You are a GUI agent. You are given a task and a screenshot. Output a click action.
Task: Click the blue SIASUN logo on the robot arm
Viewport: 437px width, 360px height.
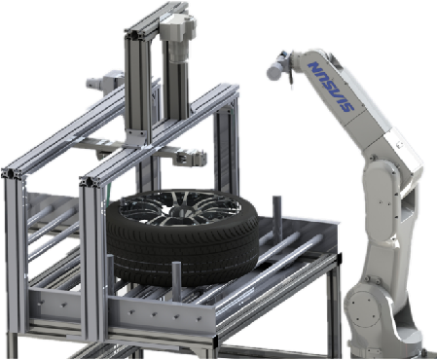331,87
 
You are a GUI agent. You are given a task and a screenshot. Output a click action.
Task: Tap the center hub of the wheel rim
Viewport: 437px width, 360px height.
179,211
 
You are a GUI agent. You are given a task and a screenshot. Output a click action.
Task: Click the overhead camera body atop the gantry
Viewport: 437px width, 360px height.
177,27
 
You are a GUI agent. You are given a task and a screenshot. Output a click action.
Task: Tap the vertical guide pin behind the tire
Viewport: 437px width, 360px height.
276,217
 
